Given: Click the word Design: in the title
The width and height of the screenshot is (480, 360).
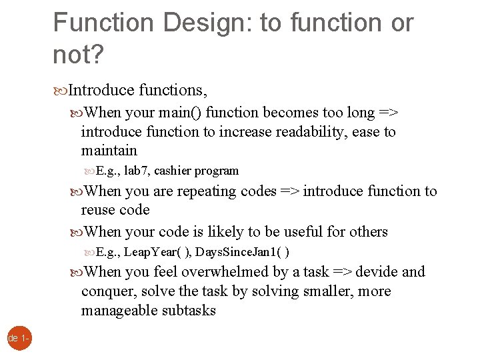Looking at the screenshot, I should [199, 23].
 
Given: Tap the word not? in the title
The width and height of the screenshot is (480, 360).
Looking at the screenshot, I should [78, 55].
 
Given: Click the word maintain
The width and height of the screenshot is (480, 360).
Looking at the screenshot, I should [109, 151].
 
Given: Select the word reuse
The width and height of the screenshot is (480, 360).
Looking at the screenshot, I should [97, 210].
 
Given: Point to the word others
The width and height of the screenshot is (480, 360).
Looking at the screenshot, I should [368, 232].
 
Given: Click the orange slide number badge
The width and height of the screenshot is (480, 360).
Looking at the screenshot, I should [15, 339].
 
